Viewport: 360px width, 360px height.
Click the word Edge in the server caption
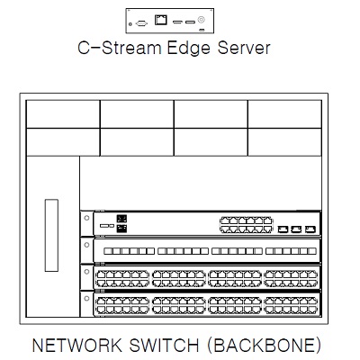188,49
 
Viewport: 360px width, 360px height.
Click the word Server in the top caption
244,48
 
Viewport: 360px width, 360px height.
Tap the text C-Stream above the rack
120,48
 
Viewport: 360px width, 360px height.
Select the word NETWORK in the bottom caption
76,345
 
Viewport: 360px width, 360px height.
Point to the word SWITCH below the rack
164,345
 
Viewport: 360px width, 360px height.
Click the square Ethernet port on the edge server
161,20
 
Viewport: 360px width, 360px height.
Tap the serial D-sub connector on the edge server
141,23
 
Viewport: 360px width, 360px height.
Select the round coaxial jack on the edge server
201,20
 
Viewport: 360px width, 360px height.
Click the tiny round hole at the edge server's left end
130,23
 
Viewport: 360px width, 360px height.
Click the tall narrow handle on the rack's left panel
51,235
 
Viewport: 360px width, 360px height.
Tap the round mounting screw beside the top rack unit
86,218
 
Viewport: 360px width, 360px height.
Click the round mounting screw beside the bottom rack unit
86,298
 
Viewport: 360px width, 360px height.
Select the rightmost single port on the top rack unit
310,229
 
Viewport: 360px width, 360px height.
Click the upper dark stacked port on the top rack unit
121,219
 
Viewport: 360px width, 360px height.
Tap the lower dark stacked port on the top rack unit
121,229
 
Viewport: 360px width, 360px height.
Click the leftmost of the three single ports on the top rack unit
283,229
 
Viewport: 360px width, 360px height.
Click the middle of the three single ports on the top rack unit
296,229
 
